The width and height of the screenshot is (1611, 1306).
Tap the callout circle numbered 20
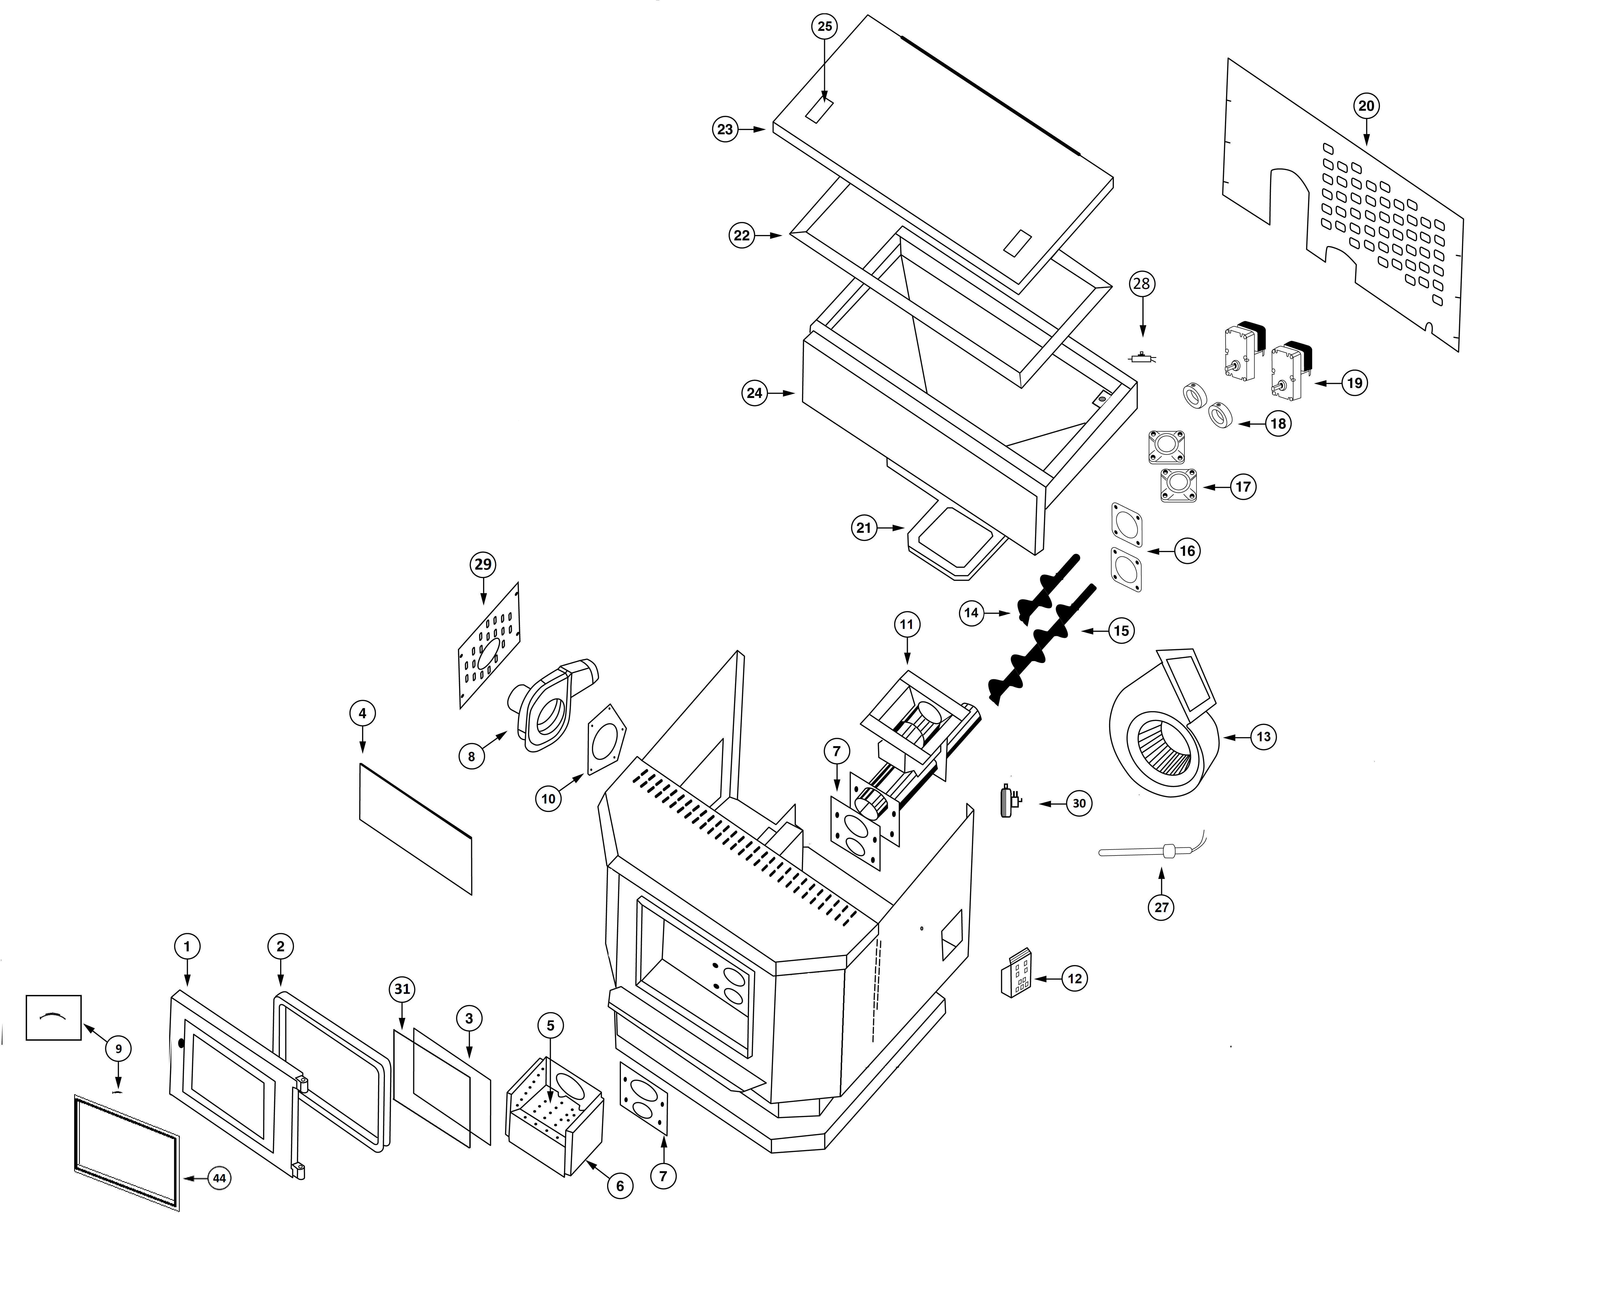(x=1366, y=106)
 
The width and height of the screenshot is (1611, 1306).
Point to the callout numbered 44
(x=219, y=1179)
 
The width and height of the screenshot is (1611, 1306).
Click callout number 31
(x=402, y=988)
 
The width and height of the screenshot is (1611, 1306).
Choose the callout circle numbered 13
(x=1263, y=736)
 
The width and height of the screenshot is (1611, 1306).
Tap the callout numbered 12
(x=1075, y=978)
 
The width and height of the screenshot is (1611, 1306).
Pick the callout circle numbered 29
(x=483, y=564)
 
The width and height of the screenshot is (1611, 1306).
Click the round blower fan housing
(x=1162, y=722)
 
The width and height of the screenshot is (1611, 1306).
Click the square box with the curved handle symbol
(x=53, y=1018)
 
